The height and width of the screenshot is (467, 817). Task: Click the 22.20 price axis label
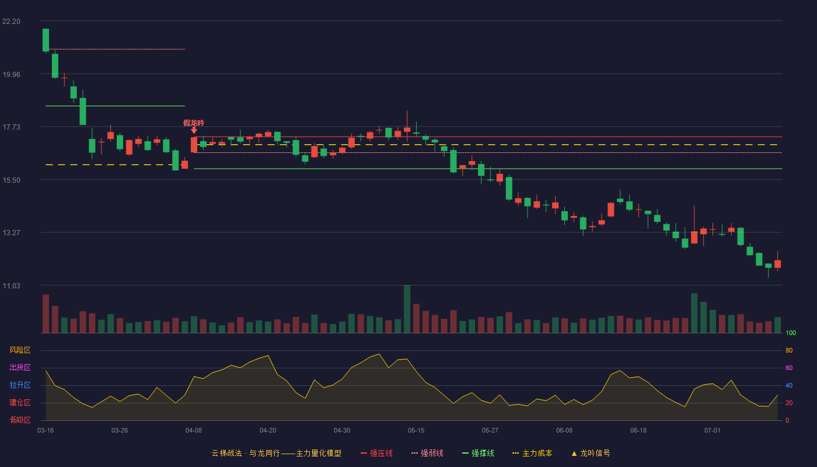point(11,22)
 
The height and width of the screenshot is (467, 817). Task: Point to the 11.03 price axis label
point(11,285)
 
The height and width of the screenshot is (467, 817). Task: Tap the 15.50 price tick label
point(11,180)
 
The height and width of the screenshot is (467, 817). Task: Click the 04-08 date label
point(194,431)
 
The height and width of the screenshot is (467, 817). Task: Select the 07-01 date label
point(713,431)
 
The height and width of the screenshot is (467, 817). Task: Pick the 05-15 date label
point(416,431)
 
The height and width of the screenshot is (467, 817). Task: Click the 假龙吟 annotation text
point(194,123)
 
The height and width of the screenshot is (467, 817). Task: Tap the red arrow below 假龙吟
point(194,131)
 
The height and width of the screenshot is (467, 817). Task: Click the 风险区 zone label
point(20,350)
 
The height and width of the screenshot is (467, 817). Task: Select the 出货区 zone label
point(20,367)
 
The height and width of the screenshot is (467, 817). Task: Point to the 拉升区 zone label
point(20,385)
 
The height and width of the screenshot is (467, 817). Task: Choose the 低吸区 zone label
point(20,420)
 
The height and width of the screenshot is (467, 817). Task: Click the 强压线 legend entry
point(376,453)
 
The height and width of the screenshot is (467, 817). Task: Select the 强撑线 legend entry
point(478,453)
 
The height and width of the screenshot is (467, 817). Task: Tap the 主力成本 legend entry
point(532,453)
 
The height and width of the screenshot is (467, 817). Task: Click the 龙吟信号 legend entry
point(591,453)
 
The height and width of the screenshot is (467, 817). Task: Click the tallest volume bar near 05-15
point(407,309)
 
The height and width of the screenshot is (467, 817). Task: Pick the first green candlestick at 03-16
point(46,40)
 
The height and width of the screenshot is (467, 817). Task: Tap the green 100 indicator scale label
point(791,333)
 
